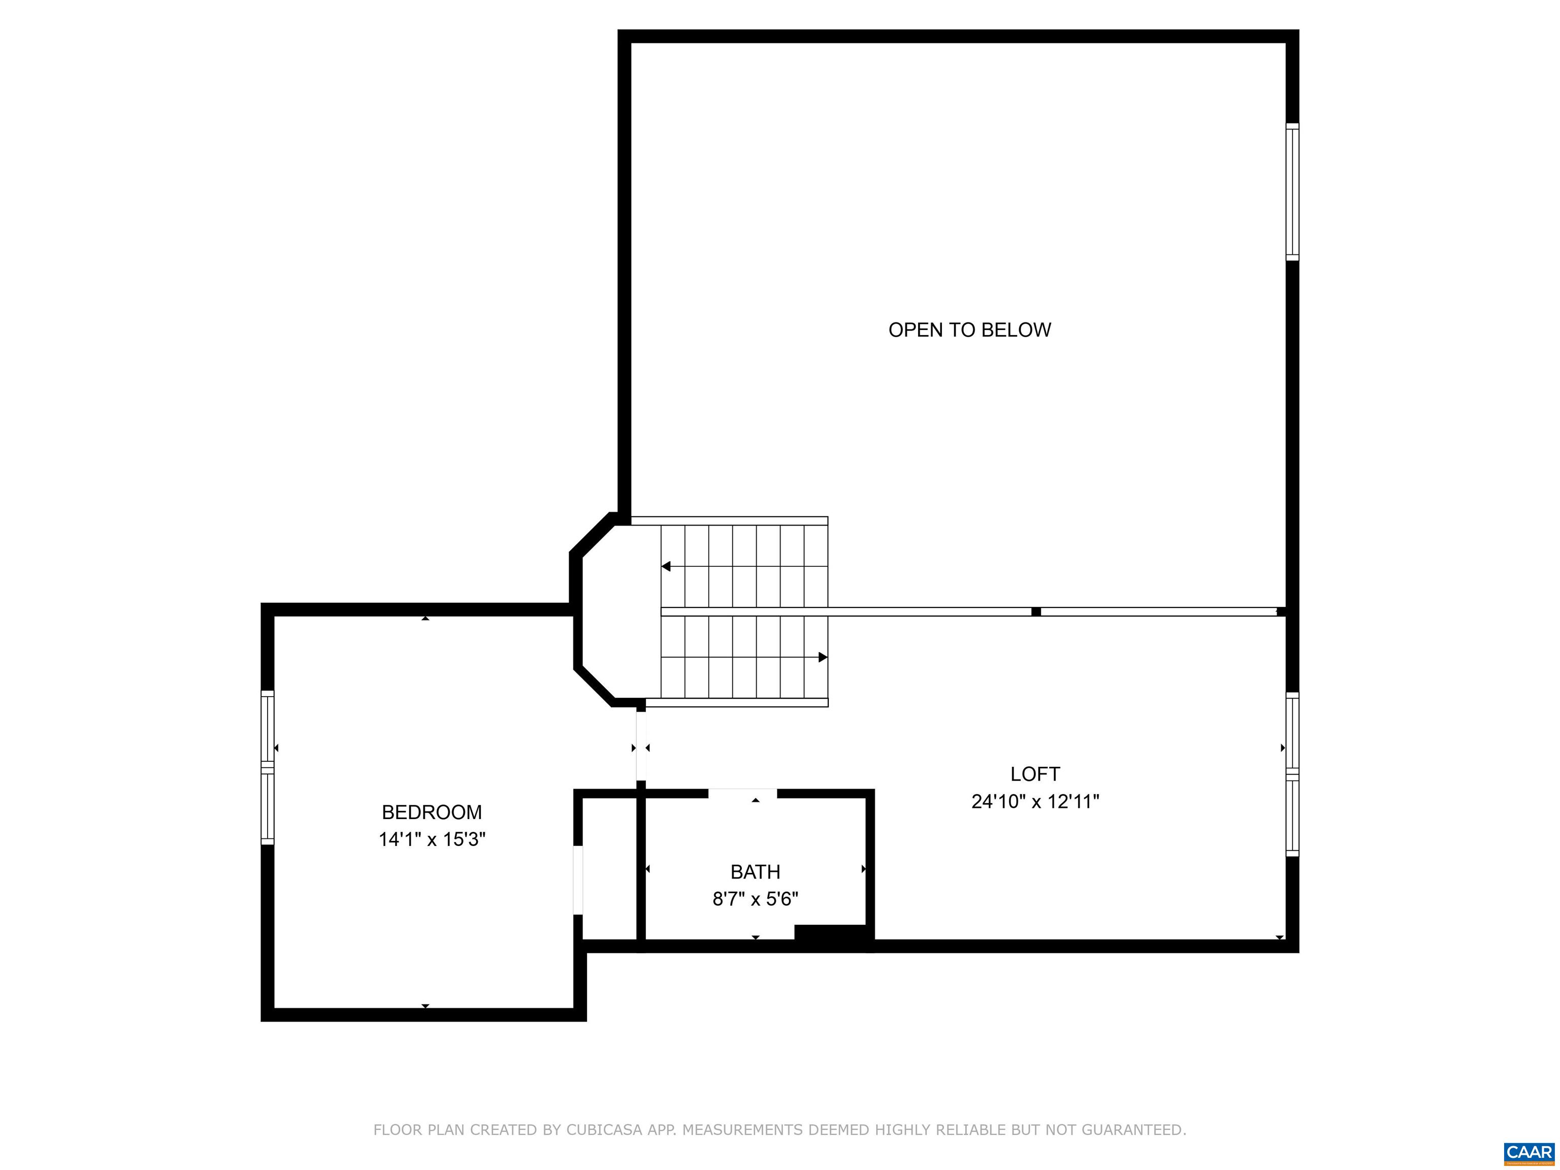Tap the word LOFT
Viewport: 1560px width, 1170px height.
1034,774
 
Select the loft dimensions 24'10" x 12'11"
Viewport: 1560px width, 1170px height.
1034,802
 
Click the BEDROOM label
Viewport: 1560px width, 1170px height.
432,812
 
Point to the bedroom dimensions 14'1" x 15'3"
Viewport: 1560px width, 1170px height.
432,840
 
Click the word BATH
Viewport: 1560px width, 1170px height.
755,872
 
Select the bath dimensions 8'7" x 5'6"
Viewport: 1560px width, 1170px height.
755,899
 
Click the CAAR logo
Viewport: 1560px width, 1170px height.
1529,1153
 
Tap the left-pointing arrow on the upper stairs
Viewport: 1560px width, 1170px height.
666,566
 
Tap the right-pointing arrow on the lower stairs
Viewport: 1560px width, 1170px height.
822,657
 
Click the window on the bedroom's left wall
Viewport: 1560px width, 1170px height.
267,767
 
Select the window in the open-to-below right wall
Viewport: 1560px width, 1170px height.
1292,192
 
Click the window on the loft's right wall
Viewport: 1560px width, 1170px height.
1292,774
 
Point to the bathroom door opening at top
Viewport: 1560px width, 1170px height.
742,793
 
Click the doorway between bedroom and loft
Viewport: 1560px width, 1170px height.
640,747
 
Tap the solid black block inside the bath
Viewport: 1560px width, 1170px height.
830,932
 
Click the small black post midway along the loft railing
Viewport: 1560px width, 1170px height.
1036,611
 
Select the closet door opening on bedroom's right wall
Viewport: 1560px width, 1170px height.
578,880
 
